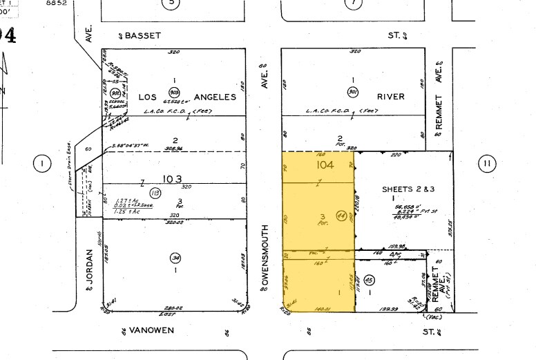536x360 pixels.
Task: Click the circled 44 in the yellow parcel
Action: click(341, 215)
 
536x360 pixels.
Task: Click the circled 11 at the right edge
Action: click(487, 164)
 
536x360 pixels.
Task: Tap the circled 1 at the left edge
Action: click(42, 164)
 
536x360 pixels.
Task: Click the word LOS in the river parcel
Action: click(149, 97)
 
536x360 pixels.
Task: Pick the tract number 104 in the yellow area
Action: click(324, 167)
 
